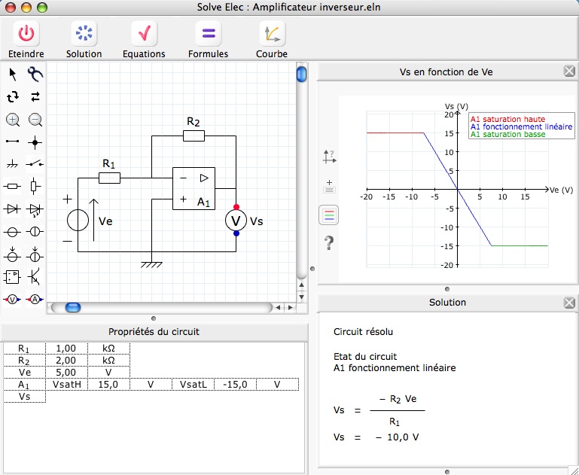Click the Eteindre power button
click(x=26, y=33)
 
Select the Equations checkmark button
click(x=144, y=33)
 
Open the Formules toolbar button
click(x=209, y=33)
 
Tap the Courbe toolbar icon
click(x=272, y=33)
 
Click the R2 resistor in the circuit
click(x=194, y=135)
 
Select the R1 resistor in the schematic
click(x=109, y=178)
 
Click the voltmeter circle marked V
click(x=236, y=221)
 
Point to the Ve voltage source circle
click(x=78, y=220)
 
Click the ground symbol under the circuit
click(x=151, y=264)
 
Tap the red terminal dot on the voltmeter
click(x=236, y=207)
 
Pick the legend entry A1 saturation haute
click(x=507, y=119)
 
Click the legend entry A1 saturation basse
click(x=507, y=134)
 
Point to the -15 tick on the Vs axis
click(x=448, y=246)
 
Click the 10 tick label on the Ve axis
click(x=502, y=196)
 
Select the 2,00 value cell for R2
click(x=66, y=361)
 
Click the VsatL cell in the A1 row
click(x=193, y=385)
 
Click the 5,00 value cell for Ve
click(x=66, y=373)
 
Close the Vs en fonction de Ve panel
click(x=569, y=72)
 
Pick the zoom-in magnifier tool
click(x=13, y=120)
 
